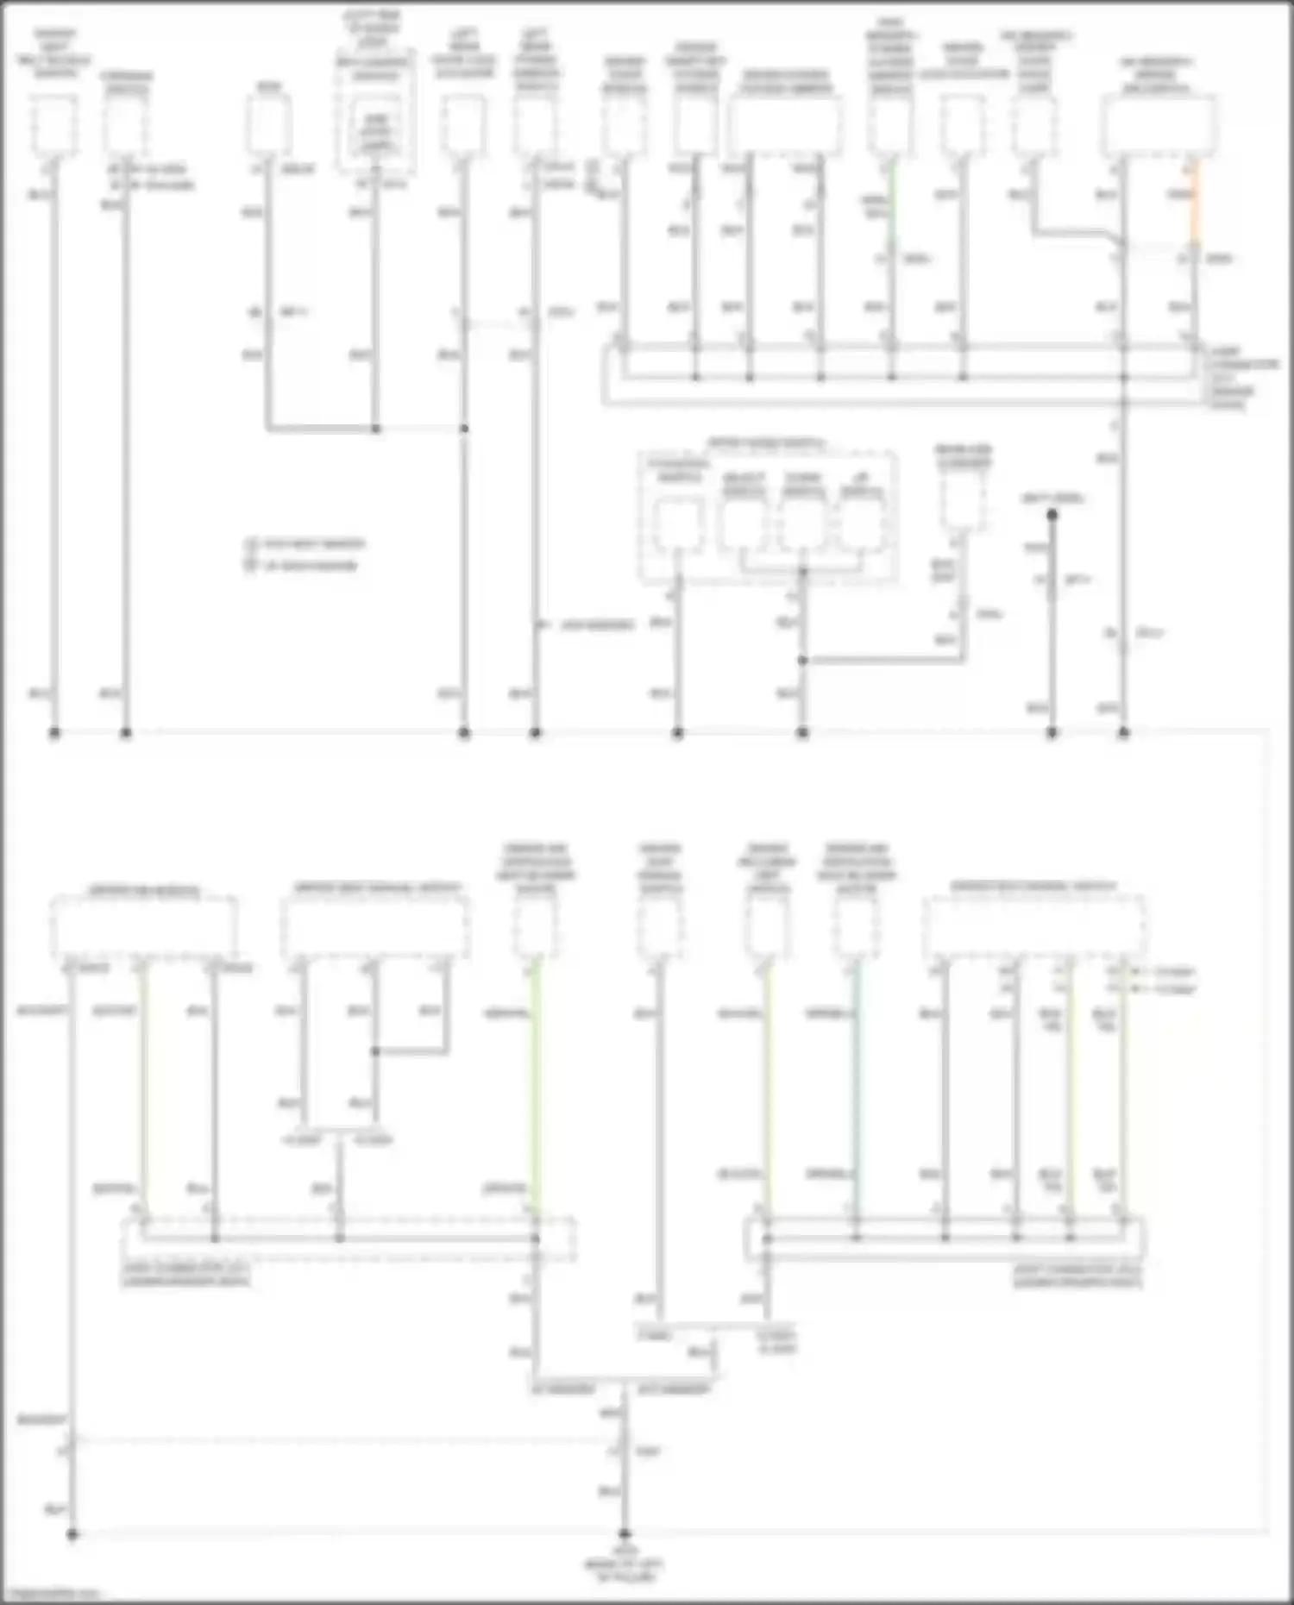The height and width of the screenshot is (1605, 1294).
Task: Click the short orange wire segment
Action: [1195, 203]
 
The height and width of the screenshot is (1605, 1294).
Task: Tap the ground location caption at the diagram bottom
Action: [624, 1571]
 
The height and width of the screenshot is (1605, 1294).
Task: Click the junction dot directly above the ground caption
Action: [624, 1534]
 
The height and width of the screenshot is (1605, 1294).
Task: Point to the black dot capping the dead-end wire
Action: [1052, 515]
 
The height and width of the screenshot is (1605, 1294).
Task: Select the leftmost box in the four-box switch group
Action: [679, 525]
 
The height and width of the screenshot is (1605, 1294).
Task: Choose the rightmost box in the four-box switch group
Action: [861, 524]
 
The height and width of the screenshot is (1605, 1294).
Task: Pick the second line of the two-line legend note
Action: [302, 566]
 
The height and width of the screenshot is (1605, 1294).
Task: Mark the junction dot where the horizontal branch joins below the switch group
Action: [802, 661]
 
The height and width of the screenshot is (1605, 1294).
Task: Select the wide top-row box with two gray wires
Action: [785, 125]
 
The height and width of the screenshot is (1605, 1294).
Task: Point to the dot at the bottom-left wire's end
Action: [72, 1534]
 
